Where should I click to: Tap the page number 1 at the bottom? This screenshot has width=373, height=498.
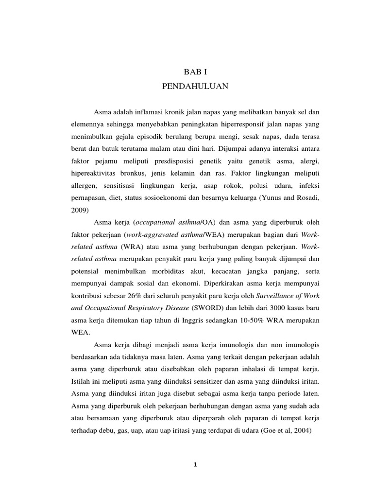(194, 464)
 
